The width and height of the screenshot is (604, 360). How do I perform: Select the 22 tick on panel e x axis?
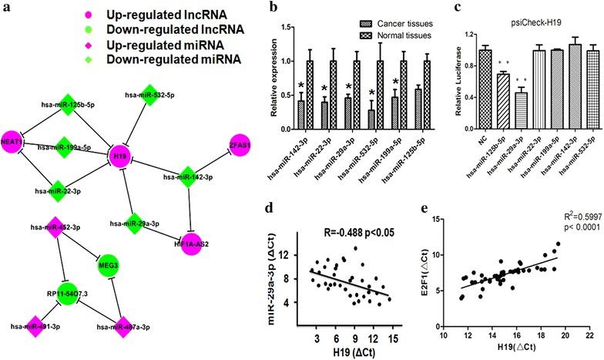(589, 336)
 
